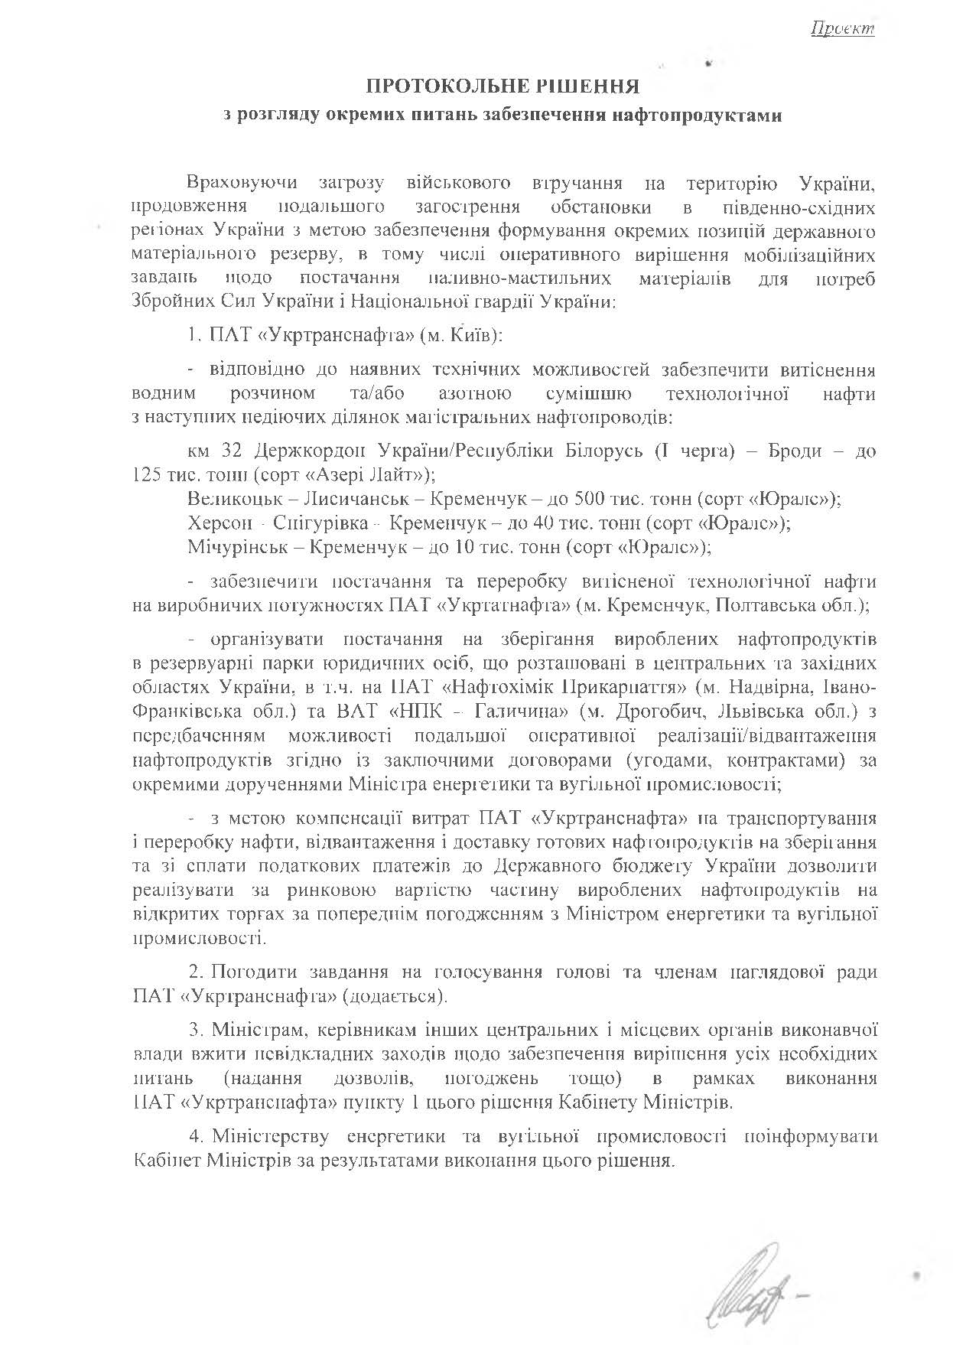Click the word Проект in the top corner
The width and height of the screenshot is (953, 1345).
(x=843, y=29)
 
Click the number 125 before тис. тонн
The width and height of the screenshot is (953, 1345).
(x=146, y=474)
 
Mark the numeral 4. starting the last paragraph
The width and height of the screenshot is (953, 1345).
(x=196, y=1137)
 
